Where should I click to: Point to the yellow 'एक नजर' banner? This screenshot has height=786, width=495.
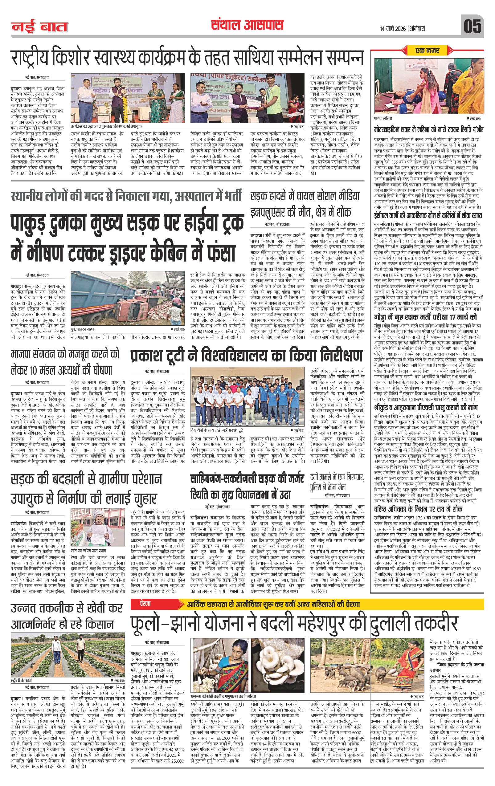(427, 50)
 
